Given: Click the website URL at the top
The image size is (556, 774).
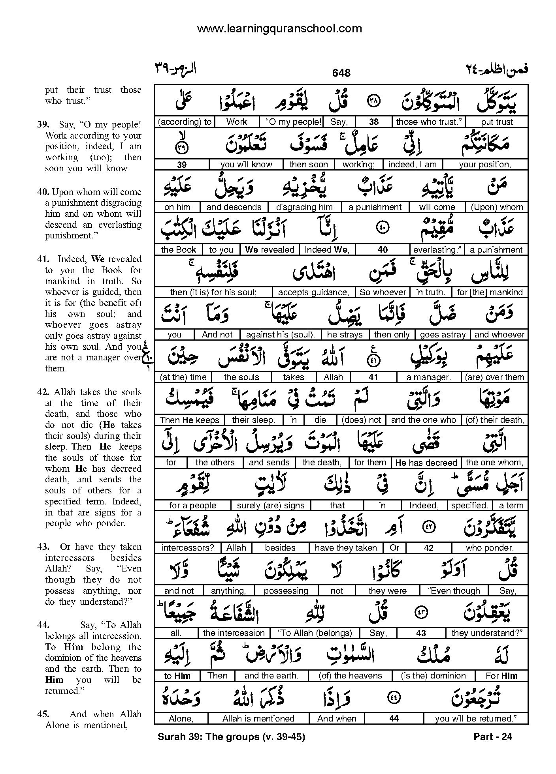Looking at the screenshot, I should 279,28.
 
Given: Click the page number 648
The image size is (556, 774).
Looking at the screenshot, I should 341,73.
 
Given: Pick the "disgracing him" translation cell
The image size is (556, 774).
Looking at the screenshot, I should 304,207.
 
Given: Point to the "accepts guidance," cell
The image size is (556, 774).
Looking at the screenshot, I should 314,292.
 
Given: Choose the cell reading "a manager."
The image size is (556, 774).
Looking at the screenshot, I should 429,377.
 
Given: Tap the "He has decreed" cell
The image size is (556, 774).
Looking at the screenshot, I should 426,463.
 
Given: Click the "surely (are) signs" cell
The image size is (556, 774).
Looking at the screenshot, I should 271,506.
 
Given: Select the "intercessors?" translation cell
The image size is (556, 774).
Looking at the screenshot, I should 188,548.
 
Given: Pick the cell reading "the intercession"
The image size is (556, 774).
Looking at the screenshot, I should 234,633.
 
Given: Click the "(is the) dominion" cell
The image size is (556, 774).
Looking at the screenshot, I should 433,676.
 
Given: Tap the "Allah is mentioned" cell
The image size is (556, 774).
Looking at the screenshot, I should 258,719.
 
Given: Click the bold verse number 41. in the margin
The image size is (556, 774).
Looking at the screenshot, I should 43,259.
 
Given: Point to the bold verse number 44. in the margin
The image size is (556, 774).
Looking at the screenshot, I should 43,625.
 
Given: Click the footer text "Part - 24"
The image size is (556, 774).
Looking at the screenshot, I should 492,737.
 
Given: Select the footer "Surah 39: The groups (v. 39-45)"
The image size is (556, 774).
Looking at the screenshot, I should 231,737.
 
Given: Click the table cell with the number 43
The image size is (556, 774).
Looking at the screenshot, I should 421,633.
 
